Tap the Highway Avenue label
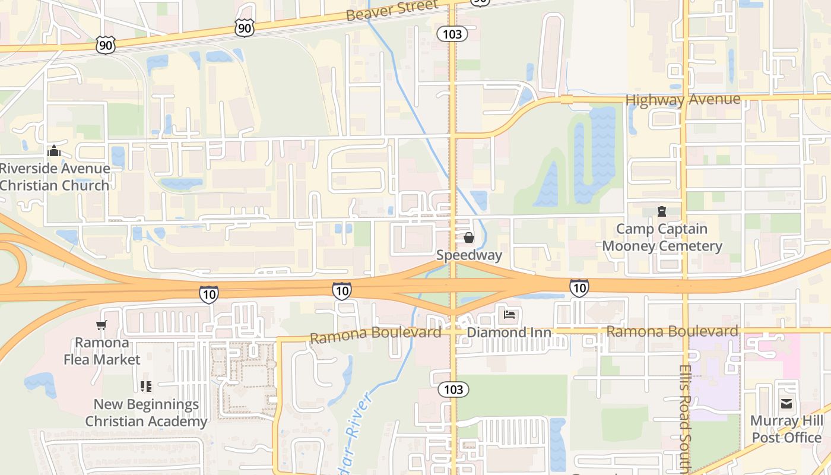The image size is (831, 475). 683,100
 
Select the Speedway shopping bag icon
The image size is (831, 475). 469,238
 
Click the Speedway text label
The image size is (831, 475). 469,255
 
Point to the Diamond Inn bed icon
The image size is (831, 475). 509,314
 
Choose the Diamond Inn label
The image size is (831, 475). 509,332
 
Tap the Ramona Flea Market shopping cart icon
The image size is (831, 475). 102,325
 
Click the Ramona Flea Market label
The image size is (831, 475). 102,351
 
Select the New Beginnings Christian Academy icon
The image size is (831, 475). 146,387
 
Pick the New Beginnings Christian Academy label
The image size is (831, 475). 146,413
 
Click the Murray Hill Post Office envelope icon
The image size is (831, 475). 786,404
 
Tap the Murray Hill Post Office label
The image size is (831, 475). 786,429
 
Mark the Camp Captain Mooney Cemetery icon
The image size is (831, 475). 662,211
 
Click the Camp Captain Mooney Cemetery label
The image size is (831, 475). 662,237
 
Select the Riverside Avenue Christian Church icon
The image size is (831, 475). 54,151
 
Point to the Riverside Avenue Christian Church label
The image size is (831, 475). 55,177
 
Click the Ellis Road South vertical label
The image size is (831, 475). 684,416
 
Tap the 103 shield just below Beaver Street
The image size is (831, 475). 452,34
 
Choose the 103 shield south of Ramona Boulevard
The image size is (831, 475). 453,389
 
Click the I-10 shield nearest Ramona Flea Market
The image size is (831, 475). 208,294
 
